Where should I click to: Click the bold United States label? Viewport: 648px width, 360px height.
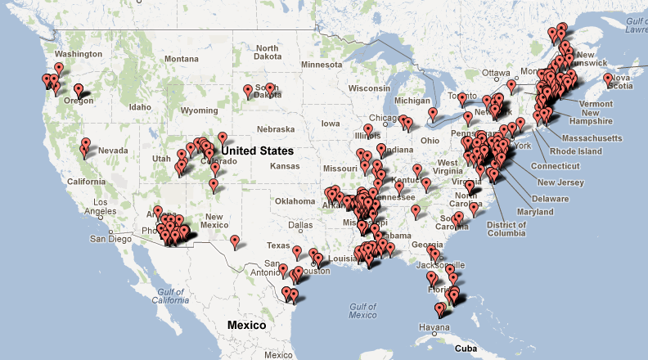point(258,151)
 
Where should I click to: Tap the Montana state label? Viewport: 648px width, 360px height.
point(181,59)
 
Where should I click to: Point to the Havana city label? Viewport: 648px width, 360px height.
point(434,329)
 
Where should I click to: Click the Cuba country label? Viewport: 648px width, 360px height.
point(466,348)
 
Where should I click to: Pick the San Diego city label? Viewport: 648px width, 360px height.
point(111,239)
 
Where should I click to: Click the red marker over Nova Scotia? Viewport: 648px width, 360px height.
point(608,79)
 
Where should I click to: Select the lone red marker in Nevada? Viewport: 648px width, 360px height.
point(85,146)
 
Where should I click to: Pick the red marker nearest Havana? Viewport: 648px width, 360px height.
point(439,309)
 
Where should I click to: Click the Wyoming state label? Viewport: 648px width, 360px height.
point(199,110)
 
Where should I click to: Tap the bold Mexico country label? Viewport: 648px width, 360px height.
point(246,325)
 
